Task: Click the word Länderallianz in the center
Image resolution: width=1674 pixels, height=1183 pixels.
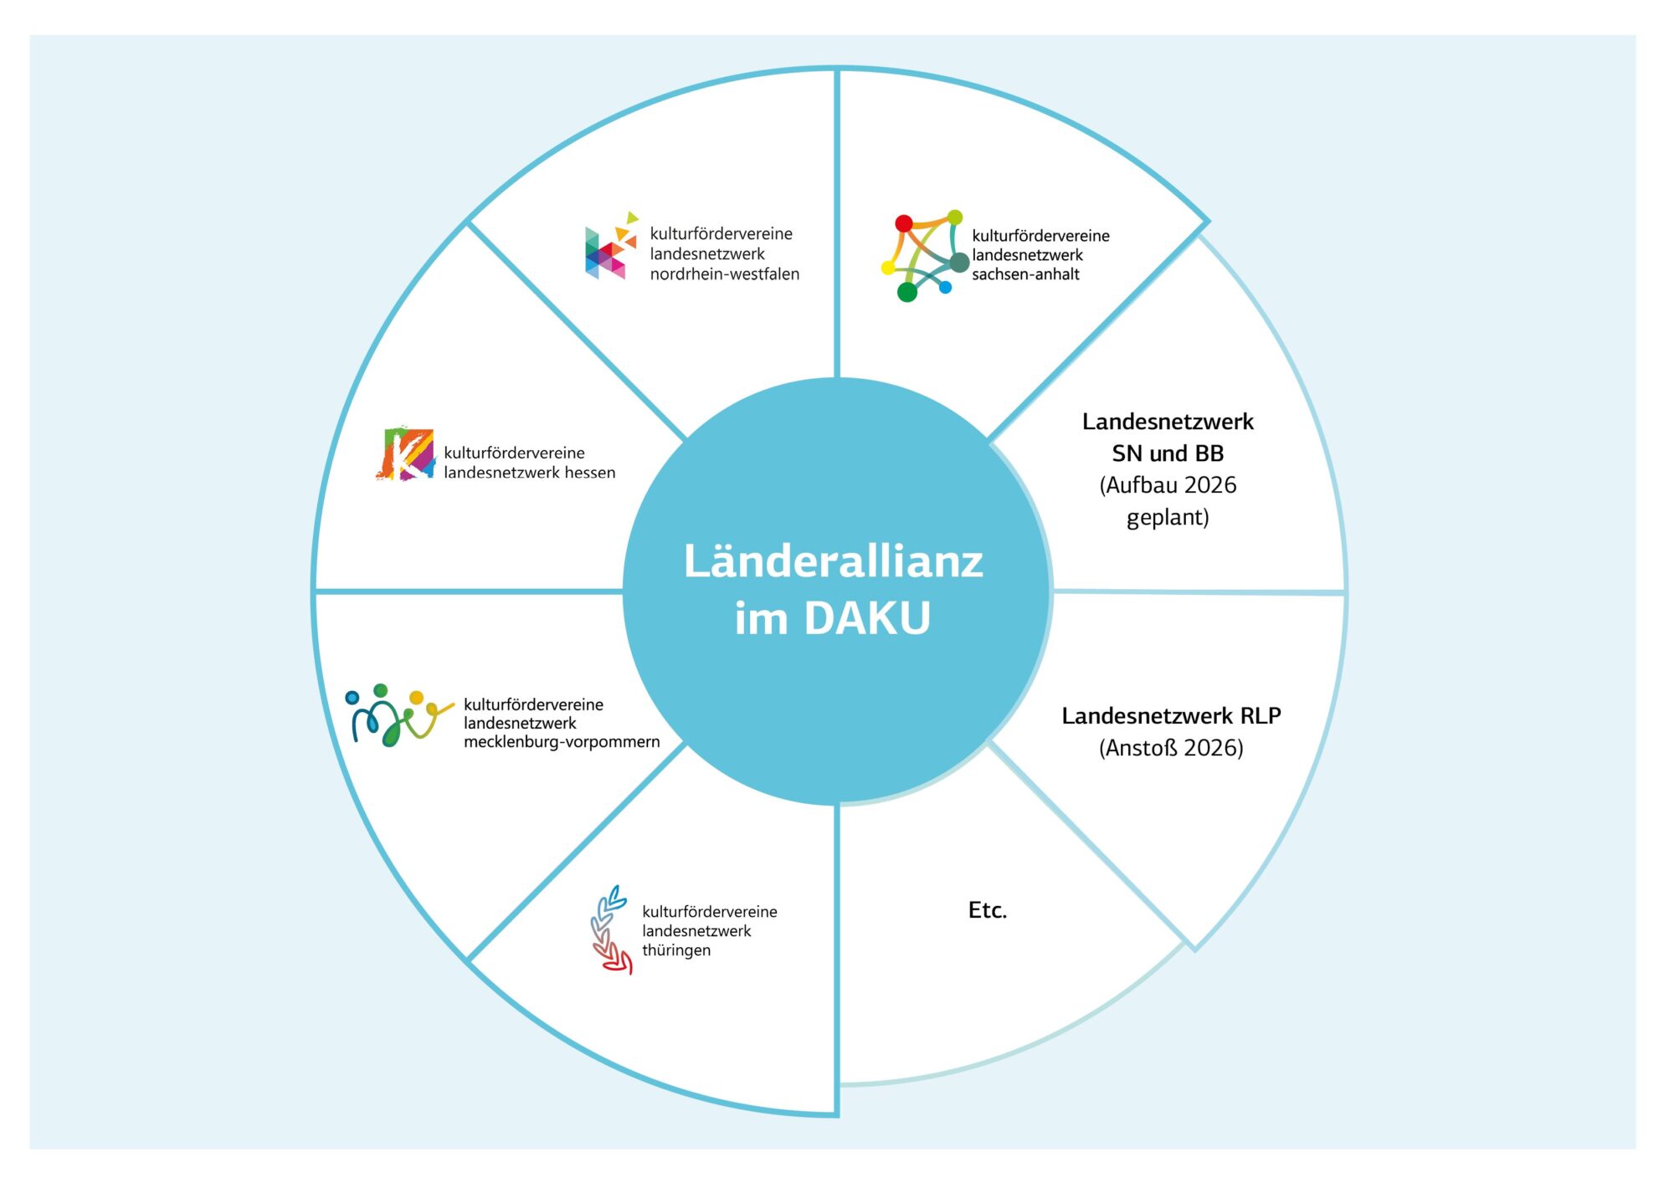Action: pos(833,561)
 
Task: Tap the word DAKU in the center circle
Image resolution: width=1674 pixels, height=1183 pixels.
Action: pos(867,618)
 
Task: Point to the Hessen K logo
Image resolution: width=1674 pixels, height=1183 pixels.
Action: pos(405,454)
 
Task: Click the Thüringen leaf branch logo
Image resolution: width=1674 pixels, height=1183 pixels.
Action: pos(610,929)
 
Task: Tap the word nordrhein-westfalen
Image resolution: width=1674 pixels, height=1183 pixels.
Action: pos(724,274)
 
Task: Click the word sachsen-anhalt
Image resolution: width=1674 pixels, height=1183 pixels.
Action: pos(1025,274)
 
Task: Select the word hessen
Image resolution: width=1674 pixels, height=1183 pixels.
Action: pos(589,473)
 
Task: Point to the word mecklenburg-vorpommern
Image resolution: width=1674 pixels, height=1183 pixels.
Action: pos(562,742)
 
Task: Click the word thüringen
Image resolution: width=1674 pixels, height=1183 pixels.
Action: pos(676,950)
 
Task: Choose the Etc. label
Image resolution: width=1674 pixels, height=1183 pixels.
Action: pos(988,910)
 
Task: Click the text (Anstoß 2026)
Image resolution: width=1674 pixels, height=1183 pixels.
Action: pos(1171,748)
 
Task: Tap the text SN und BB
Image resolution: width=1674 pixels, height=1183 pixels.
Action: pos(1168,453)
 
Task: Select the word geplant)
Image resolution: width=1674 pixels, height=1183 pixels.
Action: pos(1168,517)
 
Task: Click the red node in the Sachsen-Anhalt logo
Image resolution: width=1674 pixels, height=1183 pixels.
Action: pos(904,223)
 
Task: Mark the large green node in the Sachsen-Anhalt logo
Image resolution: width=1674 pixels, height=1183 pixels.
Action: pos(907,292)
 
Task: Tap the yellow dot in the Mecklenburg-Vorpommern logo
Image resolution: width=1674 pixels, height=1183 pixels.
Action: pos(416,697)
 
